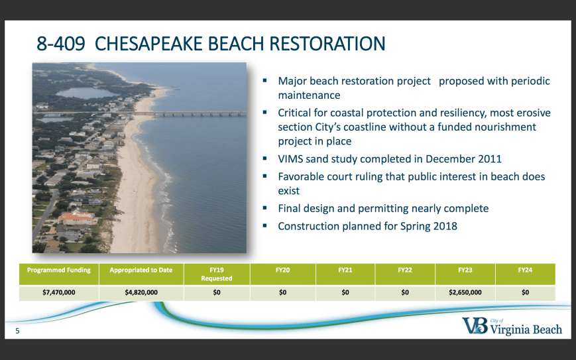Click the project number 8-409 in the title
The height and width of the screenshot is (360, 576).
(x=61, y=44)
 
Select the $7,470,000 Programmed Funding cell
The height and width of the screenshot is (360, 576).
(x=59, y=293)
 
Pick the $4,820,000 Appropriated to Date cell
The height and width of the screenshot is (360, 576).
(x=141, y=293)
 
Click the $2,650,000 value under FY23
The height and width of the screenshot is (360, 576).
(x=465, y=293)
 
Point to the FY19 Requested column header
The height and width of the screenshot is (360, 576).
(x=217, y=274)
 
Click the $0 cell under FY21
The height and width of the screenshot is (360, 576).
(x=345, y=293)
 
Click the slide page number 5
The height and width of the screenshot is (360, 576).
(x=17, y=331)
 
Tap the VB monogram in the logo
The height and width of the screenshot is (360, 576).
(x=475, y=326)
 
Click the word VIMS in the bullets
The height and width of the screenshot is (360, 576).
(x=290, y=159)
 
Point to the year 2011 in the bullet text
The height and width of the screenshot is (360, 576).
(x=489, y=159)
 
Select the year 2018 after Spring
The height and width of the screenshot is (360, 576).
(x=445, y=226)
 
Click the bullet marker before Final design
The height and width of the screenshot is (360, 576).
(x=265, y=208)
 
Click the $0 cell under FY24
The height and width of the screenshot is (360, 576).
(x=526, y=293)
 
